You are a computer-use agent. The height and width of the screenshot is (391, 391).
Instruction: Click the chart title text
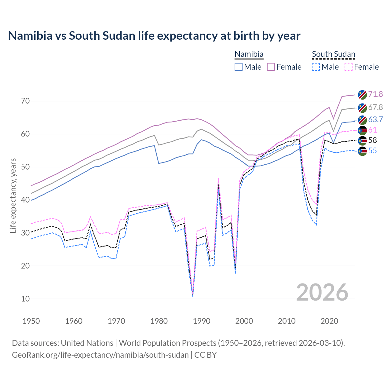[154, 36]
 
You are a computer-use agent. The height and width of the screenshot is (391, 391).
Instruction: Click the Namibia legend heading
[249, 54]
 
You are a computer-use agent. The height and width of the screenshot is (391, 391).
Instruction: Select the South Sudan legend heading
[333, 54]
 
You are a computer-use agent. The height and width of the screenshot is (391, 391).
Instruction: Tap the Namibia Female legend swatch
[271, 67]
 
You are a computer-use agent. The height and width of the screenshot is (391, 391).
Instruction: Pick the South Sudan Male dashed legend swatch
[316, 67]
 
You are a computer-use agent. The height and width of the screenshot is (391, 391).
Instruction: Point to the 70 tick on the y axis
[25, 101]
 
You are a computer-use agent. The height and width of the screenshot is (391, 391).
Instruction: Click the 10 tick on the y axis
[25, 299]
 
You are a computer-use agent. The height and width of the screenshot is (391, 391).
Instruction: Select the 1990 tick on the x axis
[202, 321]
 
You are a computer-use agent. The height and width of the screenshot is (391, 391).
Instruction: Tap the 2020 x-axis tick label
[329, 321]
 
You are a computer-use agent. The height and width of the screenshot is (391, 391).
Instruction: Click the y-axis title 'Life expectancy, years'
[13, 195]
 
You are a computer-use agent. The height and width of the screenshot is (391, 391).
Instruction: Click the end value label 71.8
[375, 94]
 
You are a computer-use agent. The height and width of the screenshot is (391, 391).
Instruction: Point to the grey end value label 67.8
[375, 107]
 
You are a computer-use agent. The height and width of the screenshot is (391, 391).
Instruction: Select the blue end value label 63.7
[375, 119]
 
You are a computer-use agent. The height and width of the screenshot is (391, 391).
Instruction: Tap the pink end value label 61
[372, 130]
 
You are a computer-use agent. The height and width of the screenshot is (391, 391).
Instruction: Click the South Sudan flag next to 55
[362, 151]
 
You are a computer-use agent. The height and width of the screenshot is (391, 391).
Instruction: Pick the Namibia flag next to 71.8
[362, 95]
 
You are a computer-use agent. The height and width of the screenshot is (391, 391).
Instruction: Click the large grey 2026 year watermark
[322, 292]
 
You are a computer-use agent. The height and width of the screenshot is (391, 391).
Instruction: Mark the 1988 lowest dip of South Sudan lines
[193, 295]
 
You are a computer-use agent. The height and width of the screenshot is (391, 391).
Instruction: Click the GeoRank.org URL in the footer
[100, 355]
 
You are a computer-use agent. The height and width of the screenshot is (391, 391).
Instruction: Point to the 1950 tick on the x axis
[31, 321]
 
